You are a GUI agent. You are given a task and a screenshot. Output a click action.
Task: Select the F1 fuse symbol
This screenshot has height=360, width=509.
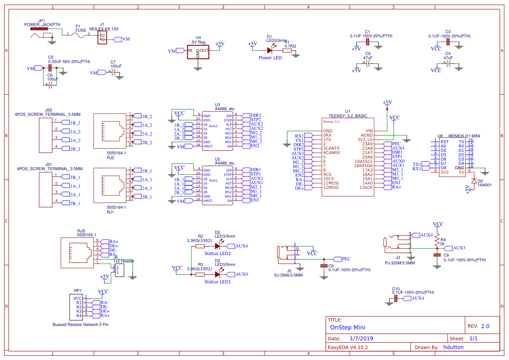point(80,36)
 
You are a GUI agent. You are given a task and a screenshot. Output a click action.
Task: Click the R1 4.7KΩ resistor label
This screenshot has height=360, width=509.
point(290,46)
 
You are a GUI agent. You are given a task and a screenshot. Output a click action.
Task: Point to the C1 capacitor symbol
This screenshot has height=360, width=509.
point(368,42)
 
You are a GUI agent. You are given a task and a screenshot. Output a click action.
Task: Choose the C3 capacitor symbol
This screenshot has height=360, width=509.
point(448,42)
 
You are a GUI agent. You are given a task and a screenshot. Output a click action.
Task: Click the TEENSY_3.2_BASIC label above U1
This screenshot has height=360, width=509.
point(348,116)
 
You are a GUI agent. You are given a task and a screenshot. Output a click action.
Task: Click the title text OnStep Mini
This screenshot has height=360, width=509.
point(348,327)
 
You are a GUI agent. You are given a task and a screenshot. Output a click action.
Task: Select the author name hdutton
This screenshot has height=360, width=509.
point(453,347)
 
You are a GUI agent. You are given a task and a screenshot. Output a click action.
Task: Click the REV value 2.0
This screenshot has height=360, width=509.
point(485,326)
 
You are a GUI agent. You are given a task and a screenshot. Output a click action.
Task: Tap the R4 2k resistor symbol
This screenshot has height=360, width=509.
point(437,240)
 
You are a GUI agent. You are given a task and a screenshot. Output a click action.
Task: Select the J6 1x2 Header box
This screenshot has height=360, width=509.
point(119,270)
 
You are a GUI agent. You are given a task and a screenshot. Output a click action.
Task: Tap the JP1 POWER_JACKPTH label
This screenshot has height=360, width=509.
point(42,25)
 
